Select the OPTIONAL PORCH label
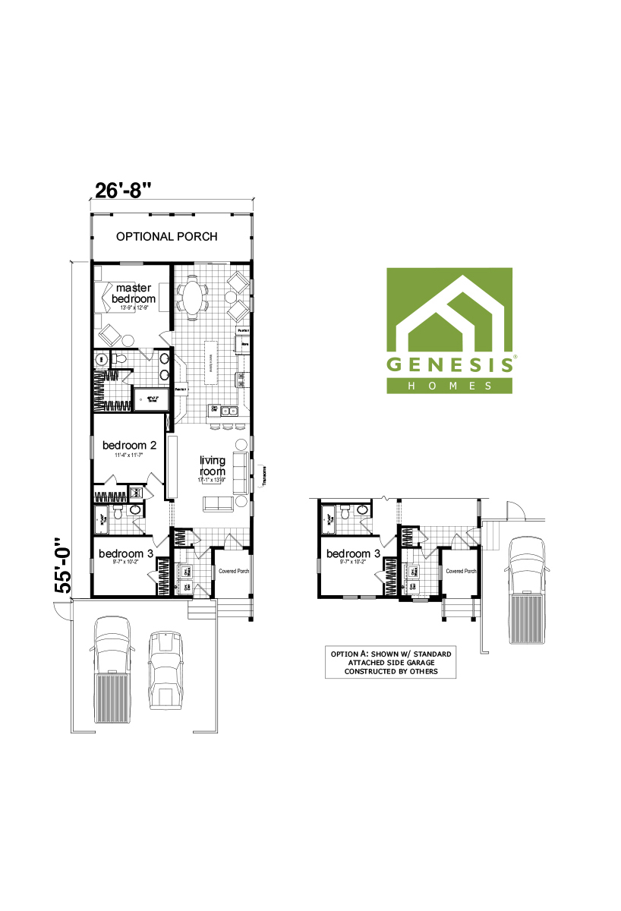166,237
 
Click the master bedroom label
134,293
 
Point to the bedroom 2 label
129,446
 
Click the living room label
212,465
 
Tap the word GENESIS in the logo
449,364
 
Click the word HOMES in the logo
449,386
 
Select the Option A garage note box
391,662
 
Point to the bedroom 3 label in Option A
354,553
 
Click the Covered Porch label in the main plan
233,572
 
